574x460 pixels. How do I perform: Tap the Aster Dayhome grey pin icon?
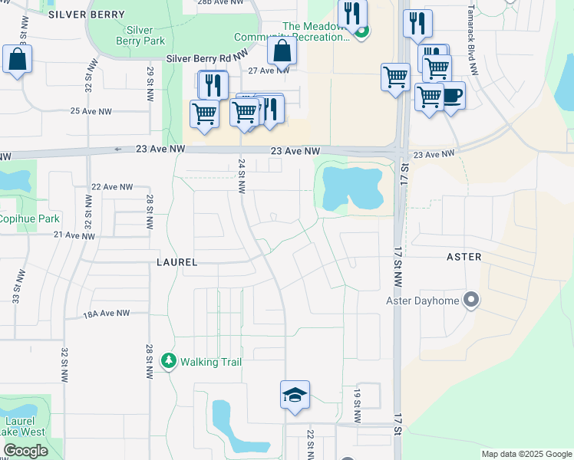tap(472, 300)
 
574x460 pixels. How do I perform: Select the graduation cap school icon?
tap(295, 396)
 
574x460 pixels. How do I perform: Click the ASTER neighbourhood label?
tap(463, 257)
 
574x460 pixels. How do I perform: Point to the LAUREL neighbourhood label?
tap(177, 262)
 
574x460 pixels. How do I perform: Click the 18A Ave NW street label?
tap(107, 314)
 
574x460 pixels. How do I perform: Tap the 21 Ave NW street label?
tap(74, 236)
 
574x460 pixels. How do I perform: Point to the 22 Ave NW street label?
tap(112, 186)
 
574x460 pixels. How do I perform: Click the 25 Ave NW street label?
tap(91, 111)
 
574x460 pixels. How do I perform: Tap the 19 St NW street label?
tap(358, 406)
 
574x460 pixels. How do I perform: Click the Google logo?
tap(26, 451)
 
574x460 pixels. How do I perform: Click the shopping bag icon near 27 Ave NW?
tap(282, 51)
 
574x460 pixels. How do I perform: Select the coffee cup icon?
tap(452, 96)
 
